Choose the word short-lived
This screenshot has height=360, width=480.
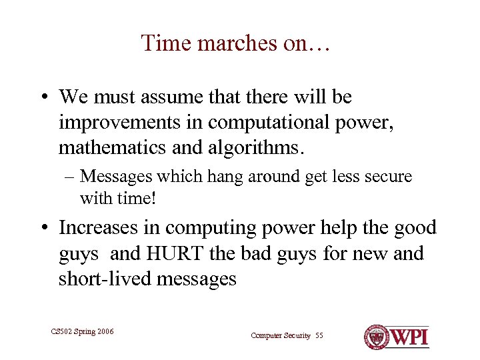click(x=104, y=279)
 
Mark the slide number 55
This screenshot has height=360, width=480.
click(x=319, y=335)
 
